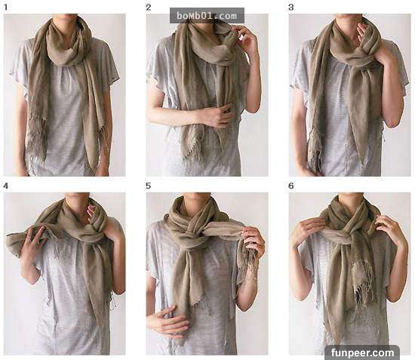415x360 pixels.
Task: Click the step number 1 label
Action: [x=6, y=7]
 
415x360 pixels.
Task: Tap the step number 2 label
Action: [x=148, y=7]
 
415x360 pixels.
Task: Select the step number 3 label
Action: [x=290, y=7]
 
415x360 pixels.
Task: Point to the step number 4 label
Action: [x=6, y=186]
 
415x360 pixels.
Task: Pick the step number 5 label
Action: [x=148, y=186]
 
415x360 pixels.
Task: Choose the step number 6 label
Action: [x=290, y=186]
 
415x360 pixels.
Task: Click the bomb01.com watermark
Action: [x=207, y=16]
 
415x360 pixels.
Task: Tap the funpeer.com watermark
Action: [x=363, y=352]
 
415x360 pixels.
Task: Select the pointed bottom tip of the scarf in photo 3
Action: [x=363, y=162]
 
